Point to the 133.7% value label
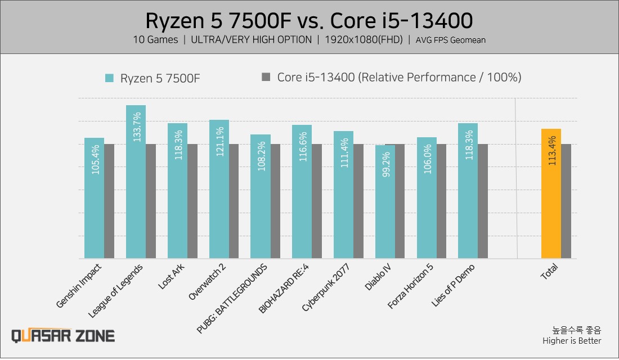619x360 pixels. (136, 127)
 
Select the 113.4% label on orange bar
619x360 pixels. (551, 149)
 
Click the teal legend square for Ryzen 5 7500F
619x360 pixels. (109, 78)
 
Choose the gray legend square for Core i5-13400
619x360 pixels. (266, 77)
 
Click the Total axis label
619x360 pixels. (549, 273)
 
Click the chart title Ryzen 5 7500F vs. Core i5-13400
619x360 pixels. (309, 21)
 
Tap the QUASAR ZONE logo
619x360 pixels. (63, 336)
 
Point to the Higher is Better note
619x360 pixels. (572, 341)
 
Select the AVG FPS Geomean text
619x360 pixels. (451, 40)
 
